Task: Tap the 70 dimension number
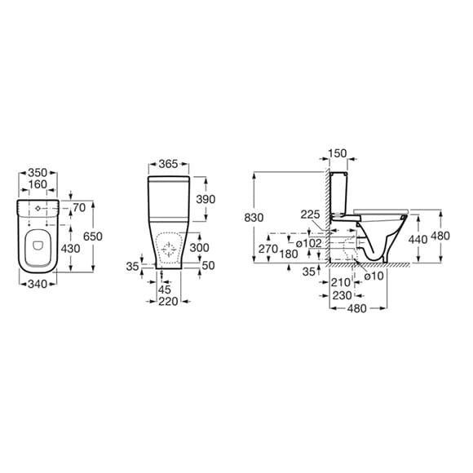click(x=79, y=209)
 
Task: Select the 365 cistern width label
click(x=168, y=164)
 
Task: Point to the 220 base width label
click(x=168, y=301)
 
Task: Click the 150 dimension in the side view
click(x=337, y=153)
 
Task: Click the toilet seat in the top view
click(x=37, y=245)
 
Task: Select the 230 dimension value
click(x=342, y=294)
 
